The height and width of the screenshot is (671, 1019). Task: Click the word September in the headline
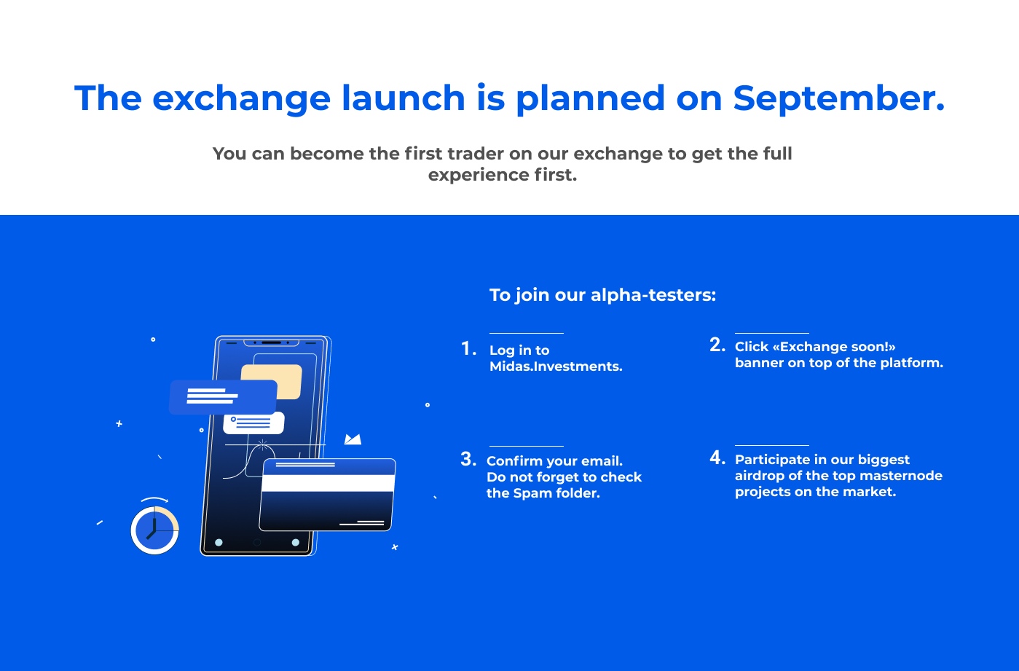(839, 98)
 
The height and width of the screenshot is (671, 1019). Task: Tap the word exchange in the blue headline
(241, 98)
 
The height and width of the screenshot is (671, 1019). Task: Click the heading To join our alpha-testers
(603, 295)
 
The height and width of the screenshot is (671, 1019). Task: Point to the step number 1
(468, 348)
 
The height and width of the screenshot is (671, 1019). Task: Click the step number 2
(717, 345)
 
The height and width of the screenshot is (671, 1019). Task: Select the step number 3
(468, 459)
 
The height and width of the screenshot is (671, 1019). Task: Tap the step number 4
(717, 458)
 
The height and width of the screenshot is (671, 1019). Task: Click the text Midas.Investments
(556, 366)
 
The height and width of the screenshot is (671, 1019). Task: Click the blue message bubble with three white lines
(223, 397)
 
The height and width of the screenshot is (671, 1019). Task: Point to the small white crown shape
(353, 439)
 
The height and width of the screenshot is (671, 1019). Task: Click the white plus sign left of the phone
(119, 424)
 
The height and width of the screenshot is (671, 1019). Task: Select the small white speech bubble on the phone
(253, 423)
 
